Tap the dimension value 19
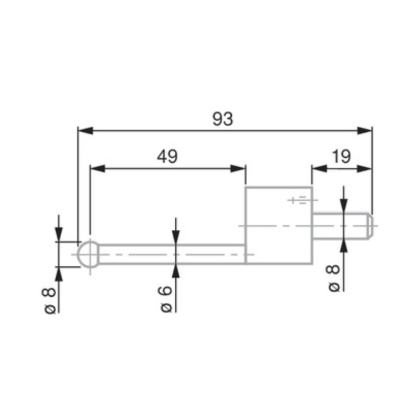(x=342, y=157)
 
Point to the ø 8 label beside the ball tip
(x=50, y=300)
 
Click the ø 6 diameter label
(x=166, y=300)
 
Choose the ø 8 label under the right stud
(x=333, y=278)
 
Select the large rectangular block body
(x=278, y=225)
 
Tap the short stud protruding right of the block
(x=341, y=225)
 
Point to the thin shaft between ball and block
(x=172, y=254)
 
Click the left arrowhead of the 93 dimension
(x=85, y=130)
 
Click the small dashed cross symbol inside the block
(x=300, y=200)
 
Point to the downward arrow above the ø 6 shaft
(x=176, y=237)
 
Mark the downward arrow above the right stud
(x=343, y=207)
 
